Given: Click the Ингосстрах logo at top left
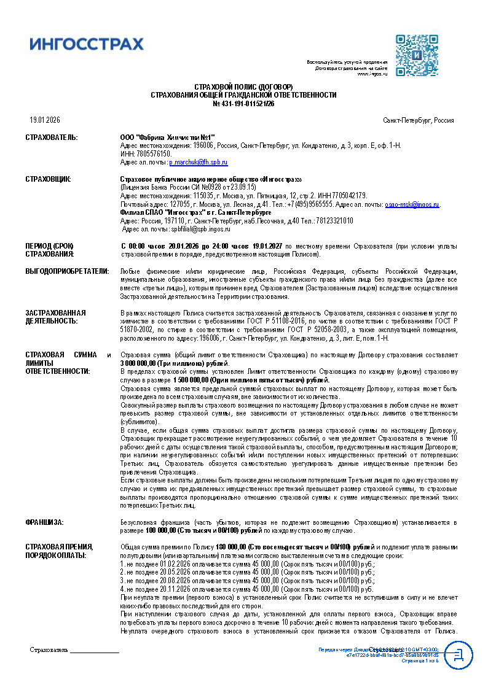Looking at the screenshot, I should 87,44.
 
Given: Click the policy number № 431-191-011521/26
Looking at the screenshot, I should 243,104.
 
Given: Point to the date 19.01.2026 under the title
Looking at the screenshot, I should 45,120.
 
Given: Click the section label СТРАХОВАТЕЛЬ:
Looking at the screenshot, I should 52,137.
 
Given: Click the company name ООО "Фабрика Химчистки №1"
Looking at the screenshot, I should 168,137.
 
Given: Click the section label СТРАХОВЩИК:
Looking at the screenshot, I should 48,179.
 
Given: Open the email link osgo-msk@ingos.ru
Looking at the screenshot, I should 412,204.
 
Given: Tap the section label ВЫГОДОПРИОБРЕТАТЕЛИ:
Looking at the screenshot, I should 67,271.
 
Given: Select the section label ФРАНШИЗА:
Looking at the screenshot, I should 44,522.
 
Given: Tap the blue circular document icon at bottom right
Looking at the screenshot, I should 458,655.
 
